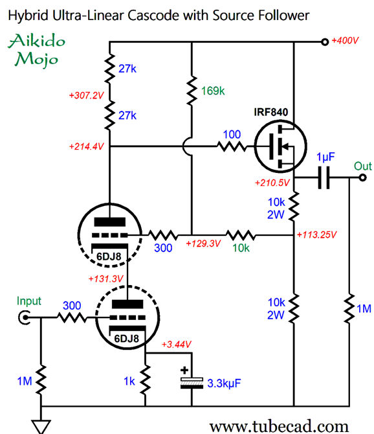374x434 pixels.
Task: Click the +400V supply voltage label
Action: [345, 41]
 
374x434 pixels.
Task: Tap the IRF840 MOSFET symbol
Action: [280, 146]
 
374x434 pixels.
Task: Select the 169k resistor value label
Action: [213, 91]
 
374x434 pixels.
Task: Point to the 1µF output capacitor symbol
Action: [324, 177]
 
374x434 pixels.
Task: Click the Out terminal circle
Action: [363, 177]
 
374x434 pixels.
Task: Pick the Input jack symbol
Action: [25, 317]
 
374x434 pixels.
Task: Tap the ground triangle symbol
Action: [41, 427]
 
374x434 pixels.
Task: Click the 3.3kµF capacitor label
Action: [224, 383]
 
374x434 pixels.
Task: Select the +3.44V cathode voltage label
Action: [177, 345]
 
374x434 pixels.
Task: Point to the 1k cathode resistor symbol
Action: [145, 379]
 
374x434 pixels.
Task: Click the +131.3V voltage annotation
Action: [105, 279]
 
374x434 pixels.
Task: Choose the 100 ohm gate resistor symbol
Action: [232, 146]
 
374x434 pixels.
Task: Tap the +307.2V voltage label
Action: [86, 95]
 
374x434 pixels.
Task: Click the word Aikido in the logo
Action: [37, 41]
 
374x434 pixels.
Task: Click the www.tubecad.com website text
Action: [279, 426]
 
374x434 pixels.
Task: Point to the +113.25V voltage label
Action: [316, 235]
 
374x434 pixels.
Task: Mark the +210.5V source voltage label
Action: [272, 183]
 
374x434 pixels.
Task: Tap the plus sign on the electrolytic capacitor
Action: [184, 370]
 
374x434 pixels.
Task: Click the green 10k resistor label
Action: [241, 248]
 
